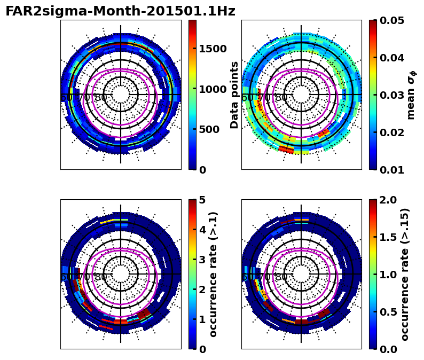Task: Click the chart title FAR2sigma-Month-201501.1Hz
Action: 120,11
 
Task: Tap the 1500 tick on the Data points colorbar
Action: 213,49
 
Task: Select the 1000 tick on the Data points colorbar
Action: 213,89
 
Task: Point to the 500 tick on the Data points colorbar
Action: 209,129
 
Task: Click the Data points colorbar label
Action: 234,95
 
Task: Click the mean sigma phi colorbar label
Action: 411,95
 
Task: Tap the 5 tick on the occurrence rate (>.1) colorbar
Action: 202,200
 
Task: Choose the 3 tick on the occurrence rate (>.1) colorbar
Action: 202,260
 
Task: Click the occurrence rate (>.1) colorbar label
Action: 214,274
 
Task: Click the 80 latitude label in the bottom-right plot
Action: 280,277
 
